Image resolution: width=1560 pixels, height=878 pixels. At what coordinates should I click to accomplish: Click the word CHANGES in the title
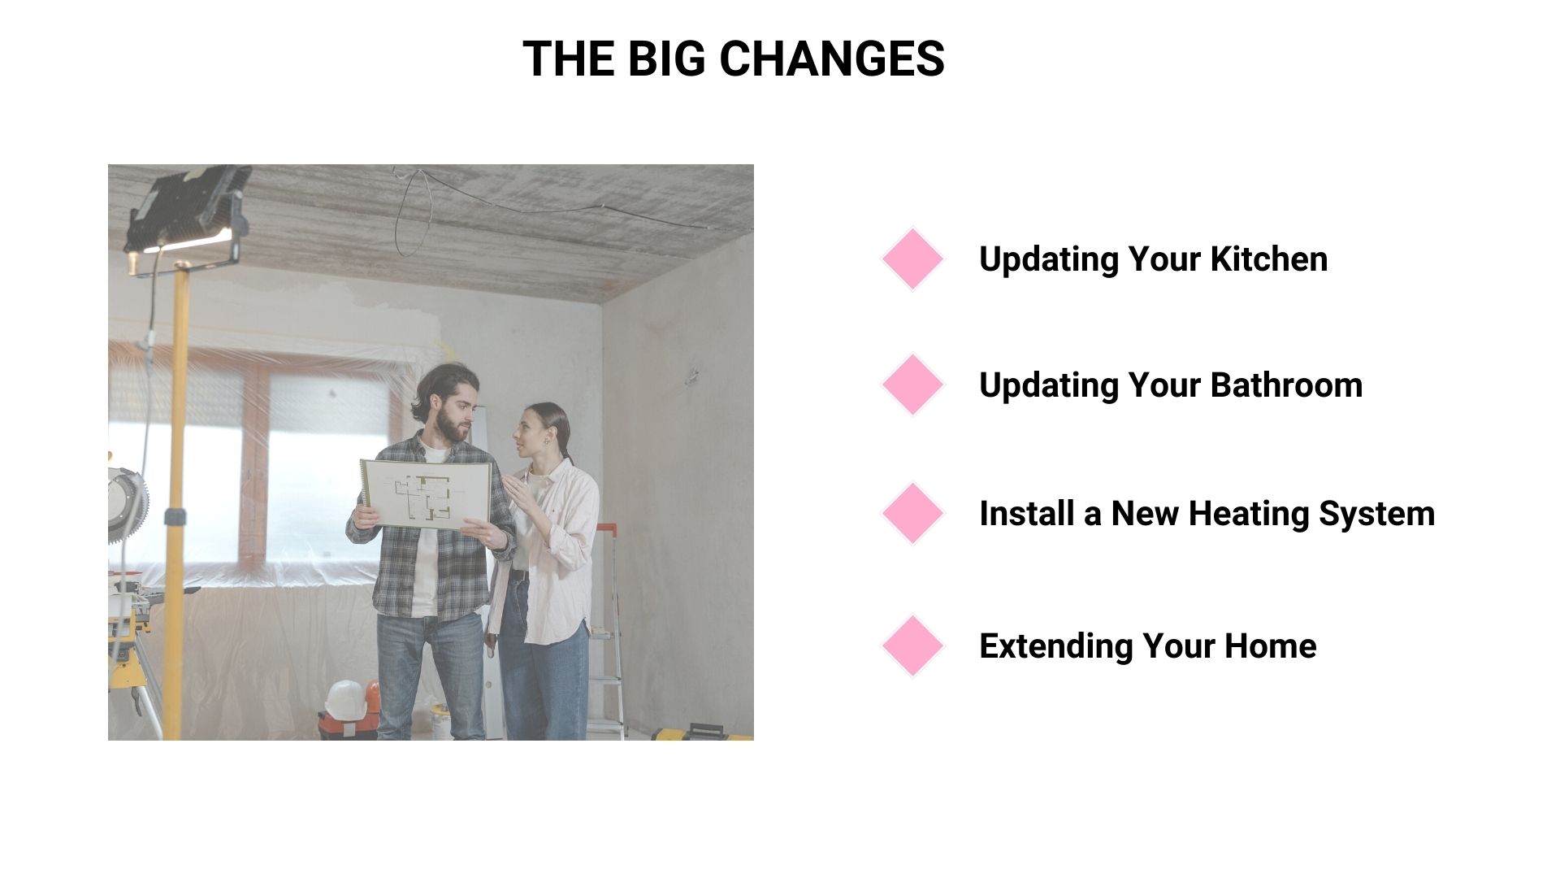[x=831, y=59]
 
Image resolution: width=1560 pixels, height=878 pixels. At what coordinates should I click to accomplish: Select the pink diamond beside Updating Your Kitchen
[x=912, y=259]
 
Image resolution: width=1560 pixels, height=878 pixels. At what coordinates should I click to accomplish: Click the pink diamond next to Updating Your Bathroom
[x=912, y=385]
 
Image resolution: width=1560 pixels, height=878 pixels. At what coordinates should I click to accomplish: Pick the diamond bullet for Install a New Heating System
[x=912, y=514]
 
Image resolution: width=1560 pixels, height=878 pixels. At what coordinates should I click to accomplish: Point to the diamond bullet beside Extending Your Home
[x=912, y=646]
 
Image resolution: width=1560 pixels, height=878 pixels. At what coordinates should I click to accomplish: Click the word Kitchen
[x=1269, y=259]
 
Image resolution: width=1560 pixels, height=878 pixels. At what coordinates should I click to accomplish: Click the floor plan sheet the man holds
[x=426, y=493]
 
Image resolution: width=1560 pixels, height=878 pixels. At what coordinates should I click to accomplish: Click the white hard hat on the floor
[x=345, y=698]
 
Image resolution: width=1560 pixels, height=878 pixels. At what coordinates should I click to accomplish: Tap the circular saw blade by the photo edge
[x=128, y=504]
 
